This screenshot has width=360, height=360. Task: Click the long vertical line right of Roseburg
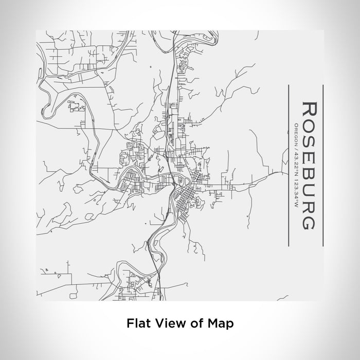[x=322, y=165]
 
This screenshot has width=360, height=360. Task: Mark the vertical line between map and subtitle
[x=289, y=165]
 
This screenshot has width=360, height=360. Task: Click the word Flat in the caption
[x=136, y=323]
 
